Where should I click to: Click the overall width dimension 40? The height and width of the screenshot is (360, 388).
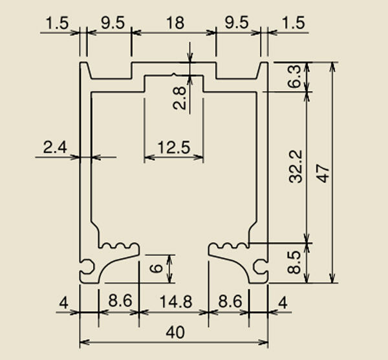point(175,332)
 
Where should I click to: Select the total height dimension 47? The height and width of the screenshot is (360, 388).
point(323,174)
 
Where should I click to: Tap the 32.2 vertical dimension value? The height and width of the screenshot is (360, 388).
point(296,166)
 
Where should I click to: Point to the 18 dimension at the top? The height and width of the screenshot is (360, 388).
point(175,23)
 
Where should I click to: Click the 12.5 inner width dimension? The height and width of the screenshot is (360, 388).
point(174,147)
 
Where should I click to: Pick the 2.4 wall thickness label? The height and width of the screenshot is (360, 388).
point(55,147)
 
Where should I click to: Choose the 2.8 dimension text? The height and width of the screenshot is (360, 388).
point(179,98)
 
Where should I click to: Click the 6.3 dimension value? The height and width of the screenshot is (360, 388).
point(294,76)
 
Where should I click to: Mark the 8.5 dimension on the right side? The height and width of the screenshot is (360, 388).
point(294,262)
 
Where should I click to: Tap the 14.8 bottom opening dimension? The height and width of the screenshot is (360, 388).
point(176,302)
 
